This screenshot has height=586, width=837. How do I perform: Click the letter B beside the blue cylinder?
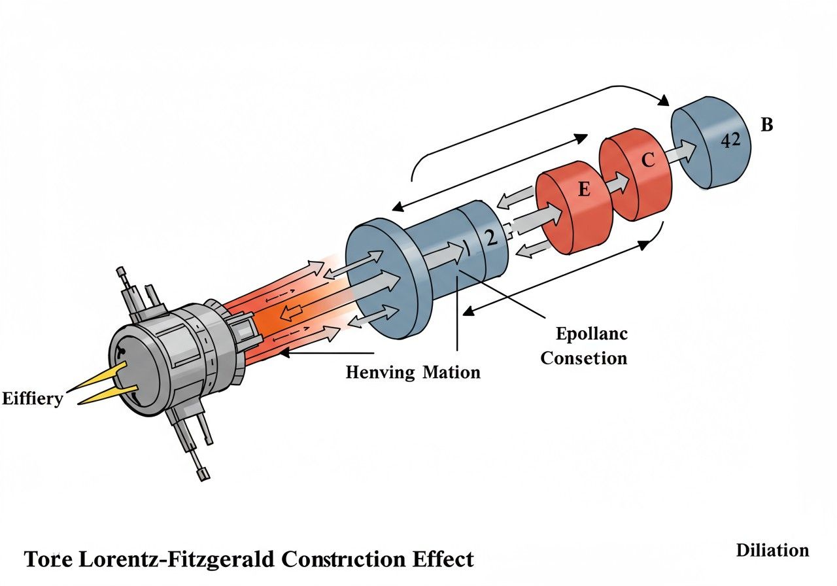tap(766, 124)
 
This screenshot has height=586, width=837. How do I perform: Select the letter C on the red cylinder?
tap(647, 160)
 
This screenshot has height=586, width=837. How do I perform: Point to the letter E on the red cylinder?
tap(583, 190)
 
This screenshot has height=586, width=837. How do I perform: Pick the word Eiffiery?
tap(32, 398)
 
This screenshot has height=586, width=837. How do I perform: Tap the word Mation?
tap(451, 373)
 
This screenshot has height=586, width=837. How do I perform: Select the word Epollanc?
tap(592, 334)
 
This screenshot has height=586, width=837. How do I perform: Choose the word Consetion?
tap(584, 358)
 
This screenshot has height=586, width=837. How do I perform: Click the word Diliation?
tap(772, 550)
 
